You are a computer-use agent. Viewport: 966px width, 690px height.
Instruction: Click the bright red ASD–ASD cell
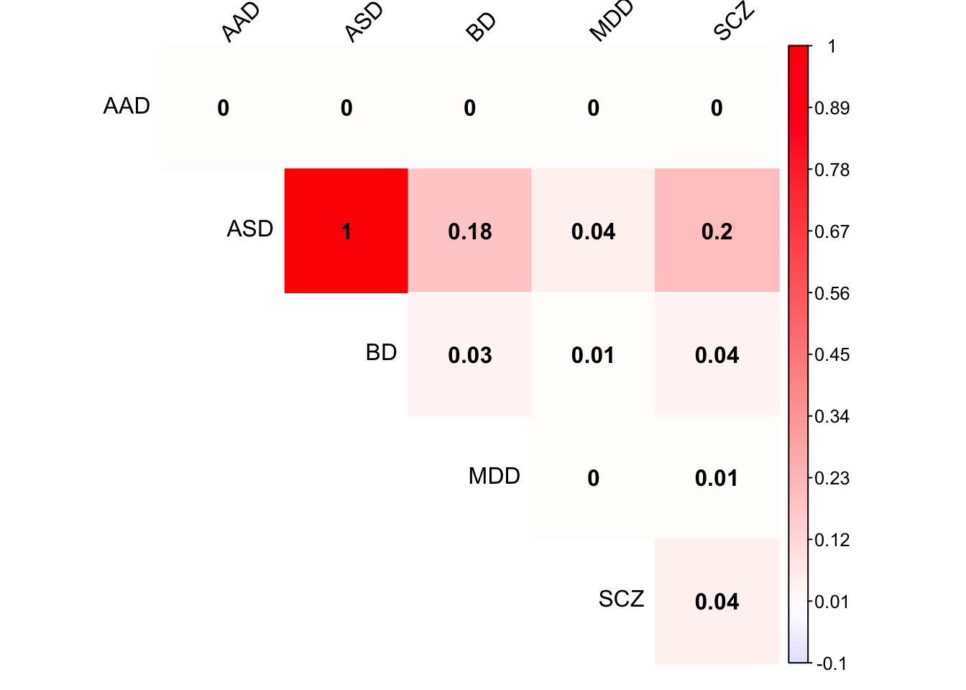point(346,231)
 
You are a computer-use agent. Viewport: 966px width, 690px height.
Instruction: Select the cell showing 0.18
point(469,231)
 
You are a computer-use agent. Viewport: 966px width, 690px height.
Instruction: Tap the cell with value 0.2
point(717,231)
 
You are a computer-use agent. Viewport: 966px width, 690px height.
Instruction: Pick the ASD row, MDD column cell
point(593,231)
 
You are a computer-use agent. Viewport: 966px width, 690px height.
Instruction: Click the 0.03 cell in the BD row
point(469,354)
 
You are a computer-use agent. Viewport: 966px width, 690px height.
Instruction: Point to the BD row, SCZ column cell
point(717,354)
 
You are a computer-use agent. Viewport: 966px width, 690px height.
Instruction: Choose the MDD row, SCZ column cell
point(717,478)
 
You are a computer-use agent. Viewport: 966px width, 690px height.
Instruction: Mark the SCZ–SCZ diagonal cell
point(717,601)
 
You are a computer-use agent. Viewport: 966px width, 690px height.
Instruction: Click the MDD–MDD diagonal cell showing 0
point(593,478)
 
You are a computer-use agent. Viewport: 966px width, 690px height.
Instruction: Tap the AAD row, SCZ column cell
point(717,108)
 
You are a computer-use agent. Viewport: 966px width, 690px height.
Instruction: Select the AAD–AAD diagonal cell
point(223,108)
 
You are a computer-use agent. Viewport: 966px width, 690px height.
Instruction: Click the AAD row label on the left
point(126,106)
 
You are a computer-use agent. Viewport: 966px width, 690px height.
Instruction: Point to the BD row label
point(381,353)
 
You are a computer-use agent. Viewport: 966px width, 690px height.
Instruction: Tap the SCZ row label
point(621,599)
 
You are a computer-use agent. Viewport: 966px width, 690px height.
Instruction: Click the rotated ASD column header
point(364,22)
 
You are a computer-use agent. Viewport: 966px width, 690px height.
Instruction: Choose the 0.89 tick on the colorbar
point(832,109)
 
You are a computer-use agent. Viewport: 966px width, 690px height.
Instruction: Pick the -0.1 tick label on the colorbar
point(832,663)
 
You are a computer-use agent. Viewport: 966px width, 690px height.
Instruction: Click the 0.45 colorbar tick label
point(832,355)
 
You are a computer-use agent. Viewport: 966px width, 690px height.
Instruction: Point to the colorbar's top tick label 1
point(832,47)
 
